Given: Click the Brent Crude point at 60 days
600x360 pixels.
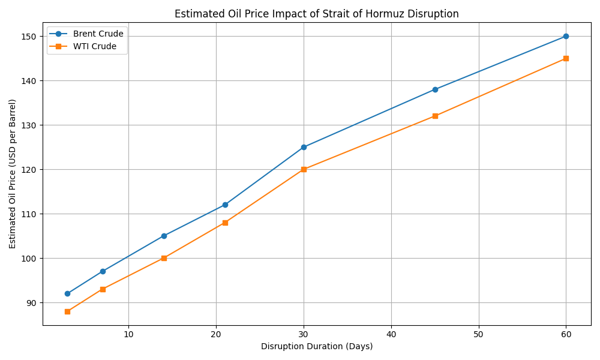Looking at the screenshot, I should click(566, 36).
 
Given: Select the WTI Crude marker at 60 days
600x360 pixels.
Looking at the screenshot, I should click(566, 58).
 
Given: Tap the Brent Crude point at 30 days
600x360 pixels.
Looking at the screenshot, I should click(304, 147).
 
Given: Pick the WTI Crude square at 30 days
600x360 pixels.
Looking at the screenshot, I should click(304, 169).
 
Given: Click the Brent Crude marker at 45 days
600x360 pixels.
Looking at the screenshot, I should click(435, 89).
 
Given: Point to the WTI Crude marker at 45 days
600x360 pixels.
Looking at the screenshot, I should click(435, 116).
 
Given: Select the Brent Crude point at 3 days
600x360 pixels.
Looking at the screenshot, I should click(67, 293).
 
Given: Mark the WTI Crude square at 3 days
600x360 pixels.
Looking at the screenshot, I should click(67, 311).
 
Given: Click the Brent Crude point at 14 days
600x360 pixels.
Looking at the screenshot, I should click(164, 236).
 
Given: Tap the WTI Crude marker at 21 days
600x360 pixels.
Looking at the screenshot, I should click(225, 223).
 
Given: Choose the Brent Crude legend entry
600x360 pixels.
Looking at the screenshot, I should click(98, 34).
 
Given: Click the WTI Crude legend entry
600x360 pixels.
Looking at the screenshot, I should click(94, 46).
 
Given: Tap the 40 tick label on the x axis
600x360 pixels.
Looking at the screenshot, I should click(391, 334).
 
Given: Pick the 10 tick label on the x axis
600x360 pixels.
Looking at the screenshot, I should click(128, 334).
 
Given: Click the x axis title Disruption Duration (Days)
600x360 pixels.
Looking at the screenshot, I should click(317, 346).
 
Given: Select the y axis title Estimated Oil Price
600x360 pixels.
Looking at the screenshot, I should click(13, 173).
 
